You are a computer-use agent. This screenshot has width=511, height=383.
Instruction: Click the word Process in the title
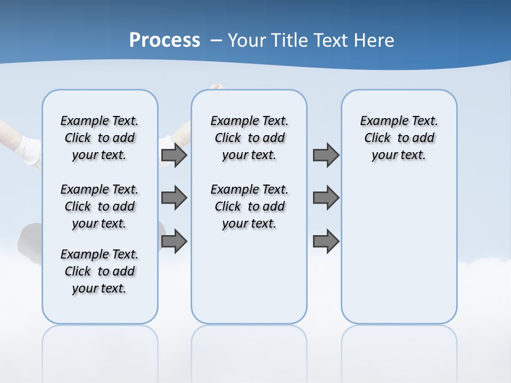coord(164,40)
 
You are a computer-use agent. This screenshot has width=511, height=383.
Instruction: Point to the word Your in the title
coord(248,40)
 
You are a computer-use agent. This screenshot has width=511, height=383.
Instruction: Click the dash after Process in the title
coord(216,41)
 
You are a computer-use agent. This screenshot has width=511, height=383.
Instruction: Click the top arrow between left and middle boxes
coord(174,155)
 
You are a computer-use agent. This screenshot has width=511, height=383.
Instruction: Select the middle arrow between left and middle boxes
coord(174,198)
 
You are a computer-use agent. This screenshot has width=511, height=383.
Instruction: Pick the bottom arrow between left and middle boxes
coord(174,242)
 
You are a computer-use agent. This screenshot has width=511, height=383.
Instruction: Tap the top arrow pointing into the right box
coord(326,155)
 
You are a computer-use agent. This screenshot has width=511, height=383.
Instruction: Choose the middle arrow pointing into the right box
coord(326,198)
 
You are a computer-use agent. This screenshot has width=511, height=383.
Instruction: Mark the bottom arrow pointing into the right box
coord(326,242)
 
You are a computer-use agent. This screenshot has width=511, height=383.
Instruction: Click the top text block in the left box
coord(100,138)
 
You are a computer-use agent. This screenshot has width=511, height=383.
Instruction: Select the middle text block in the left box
coord(100,206)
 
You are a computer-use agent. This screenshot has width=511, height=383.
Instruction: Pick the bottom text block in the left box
coord(100,271)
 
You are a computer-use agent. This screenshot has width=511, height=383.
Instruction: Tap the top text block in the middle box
coord(249,138)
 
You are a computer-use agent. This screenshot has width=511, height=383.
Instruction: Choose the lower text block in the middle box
coord(249,206)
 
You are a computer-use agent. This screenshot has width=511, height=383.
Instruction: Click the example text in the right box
coord(399,138)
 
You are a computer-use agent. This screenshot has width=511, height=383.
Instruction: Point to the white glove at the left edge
coord(30,150)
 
